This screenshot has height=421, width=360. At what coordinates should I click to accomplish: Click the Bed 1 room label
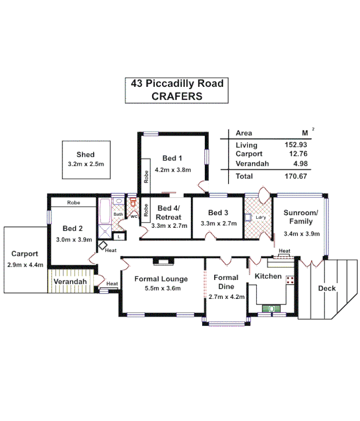point(172,158)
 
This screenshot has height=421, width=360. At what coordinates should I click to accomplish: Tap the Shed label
point(85,155)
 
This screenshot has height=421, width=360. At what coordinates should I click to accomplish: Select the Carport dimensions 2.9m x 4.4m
point(25,264)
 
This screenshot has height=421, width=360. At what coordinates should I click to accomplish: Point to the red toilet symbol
point(133,203)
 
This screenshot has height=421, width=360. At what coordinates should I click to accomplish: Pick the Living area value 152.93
point(296,145)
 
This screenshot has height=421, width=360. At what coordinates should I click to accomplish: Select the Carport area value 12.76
point(297,154)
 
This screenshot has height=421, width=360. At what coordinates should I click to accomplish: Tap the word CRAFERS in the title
point(177,96)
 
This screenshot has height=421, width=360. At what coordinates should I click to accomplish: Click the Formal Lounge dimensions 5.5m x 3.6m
point(161,288)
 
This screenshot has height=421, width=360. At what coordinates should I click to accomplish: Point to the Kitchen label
point(268,276)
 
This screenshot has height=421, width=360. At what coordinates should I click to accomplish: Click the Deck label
point(327,288)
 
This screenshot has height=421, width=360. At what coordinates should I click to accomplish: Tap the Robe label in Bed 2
point(73,202)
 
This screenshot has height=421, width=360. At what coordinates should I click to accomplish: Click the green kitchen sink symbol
point(272,309)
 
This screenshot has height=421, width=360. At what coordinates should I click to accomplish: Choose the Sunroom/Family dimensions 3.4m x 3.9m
point(302,234)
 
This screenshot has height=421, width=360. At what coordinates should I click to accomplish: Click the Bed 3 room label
point(218,213)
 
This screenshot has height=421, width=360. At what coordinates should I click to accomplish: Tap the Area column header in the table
point(244,133)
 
